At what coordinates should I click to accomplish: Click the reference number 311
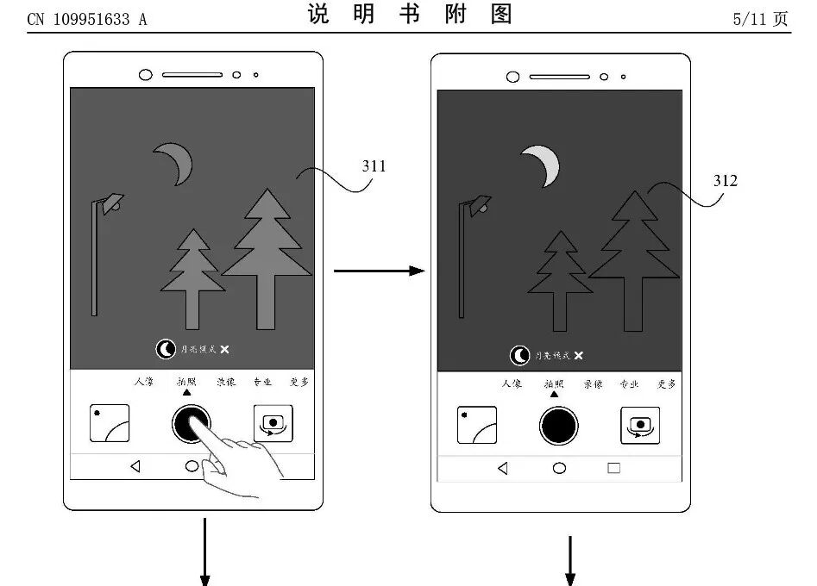pos(374,165)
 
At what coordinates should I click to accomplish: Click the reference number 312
pos(726,180)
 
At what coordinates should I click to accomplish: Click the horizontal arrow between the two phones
pos(379,271)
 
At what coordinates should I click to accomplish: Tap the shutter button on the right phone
pos(559,425)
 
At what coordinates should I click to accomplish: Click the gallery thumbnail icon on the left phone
pos(110,423)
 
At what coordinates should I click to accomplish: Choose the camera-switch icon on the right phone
pos(640,425)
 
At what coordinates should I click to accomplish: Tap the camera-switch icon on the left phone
pos(273,423)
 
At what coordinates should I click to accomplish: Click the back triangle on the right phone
pos(502,468)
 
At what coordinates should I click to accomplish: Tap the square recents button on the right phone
pos(613,468)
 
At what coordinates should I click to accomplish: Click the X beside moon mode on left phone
pos(224,349)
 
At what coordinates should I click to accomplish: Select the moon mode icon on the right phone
pos(520,355)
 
